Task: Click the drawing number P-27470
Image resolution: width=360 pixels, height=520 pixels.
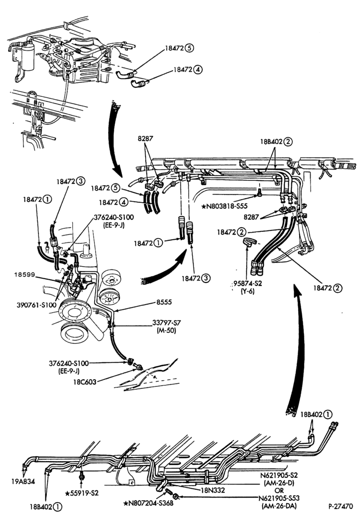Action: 341,506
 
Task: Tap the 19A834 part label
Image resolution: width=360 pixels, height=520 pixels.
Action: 23,481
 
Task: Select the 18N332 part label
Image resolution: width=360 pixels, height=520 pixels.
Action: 213,490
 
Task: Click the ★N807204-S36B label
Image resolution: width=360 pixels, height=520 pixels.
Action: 148,503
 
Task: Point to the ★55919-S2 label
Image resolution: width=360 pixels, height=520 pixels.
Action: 82,493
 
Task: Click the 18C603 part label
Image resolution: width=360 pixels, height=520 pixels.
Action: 85,382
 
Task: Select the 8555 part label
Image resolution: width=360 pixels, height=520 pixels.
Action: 164,303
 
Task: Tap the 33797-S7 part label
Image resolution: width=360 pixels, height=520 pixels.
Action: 166,322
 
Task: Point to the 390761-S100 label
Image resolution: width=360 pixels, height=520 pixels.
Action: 36,305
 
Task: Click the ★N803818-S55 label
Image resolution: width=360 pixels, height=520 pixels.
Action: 224,206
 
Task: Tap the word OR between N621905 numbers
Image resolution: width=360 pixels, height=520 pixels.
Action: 279,490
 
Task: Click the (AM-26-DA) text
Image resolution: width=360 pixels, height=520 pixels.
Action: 279,506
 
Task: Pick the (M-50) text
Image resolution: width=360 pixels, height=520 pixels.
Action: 166,330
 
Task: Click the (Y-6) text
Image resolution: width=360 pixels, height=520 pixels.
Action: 248,292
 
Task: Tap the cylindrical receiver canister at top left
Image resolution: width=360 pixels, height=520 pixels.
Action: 28,57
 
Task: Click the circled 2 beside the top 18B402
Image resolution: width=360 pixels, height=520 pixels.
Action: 288,141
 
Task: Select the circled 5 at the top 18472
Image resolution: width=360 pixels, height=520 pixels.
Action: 190,48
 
